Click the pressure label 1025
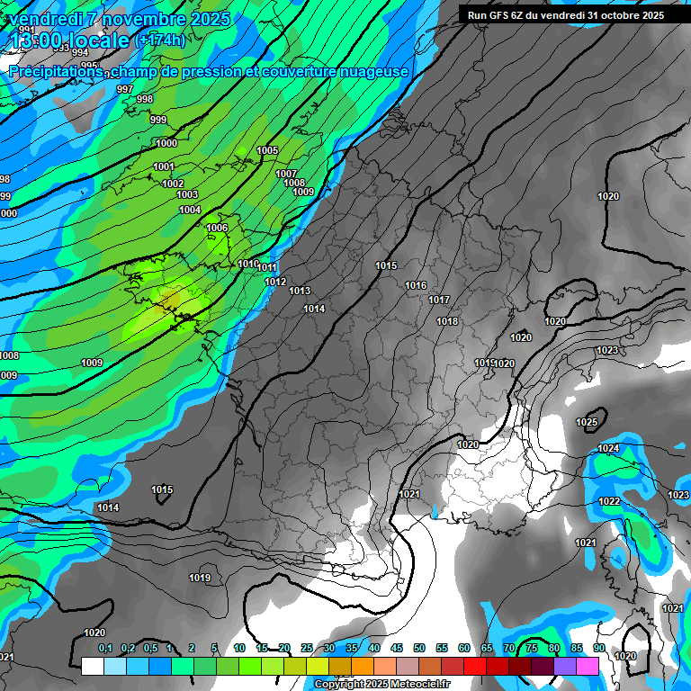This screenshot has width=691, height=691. point(587,422)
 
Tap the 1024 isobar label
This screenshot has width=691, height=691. point(608,448)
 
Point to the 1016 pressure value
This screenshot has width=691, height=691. point(416,285)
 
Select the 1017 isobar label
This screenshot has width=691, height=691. point(439,300)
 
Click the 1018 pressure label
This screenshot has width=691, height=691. point(447,321)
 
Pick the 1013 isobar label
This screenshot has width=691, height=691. point(300,291)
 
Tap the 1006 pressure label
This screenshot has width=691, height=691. point(217,228)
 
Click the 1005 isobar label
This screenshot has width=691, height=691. point(267,150)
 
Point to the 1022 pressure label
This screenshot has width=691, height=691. point(609,501)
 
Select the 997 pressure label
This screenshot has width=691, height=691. point(125,89)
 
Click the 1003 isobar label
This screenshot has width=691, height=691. point(187,194)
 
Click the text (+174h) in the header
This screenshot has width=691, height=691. point(159,40)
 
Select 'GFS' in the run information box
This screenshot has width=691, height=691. point(506,15)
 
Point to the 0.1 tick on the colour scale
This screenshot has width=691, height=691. point(105,648)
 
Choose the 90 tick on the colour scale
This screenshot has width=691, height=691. point(598,648)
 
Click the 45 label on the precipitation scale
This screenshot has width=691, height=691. point(397,648)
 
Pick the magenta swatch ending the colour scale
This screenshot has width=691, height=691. point(588,666)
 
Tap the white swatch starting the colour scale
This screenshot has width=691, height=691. point(92,666)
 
